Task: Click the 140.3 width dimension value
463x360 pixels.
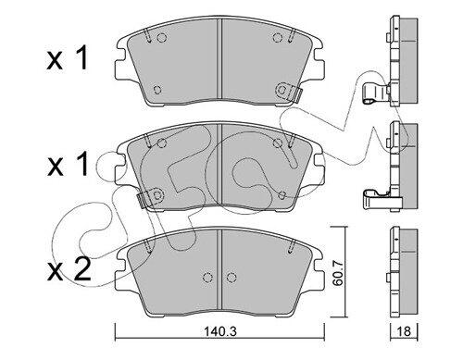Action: [220, 332]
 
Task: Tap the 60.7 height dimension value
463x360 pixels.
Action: [339, 272]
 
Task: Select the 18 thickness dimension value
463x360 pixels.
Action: [404, 331]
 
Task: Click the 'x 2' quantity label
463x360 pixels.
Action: [69, 269]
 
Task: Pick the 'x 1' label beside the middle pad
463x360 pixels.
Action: [68, 165]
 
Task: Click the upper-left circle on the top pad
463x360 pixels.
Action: [162, 38]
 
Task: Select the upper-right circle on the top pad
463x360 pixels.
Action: [278, 38]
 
